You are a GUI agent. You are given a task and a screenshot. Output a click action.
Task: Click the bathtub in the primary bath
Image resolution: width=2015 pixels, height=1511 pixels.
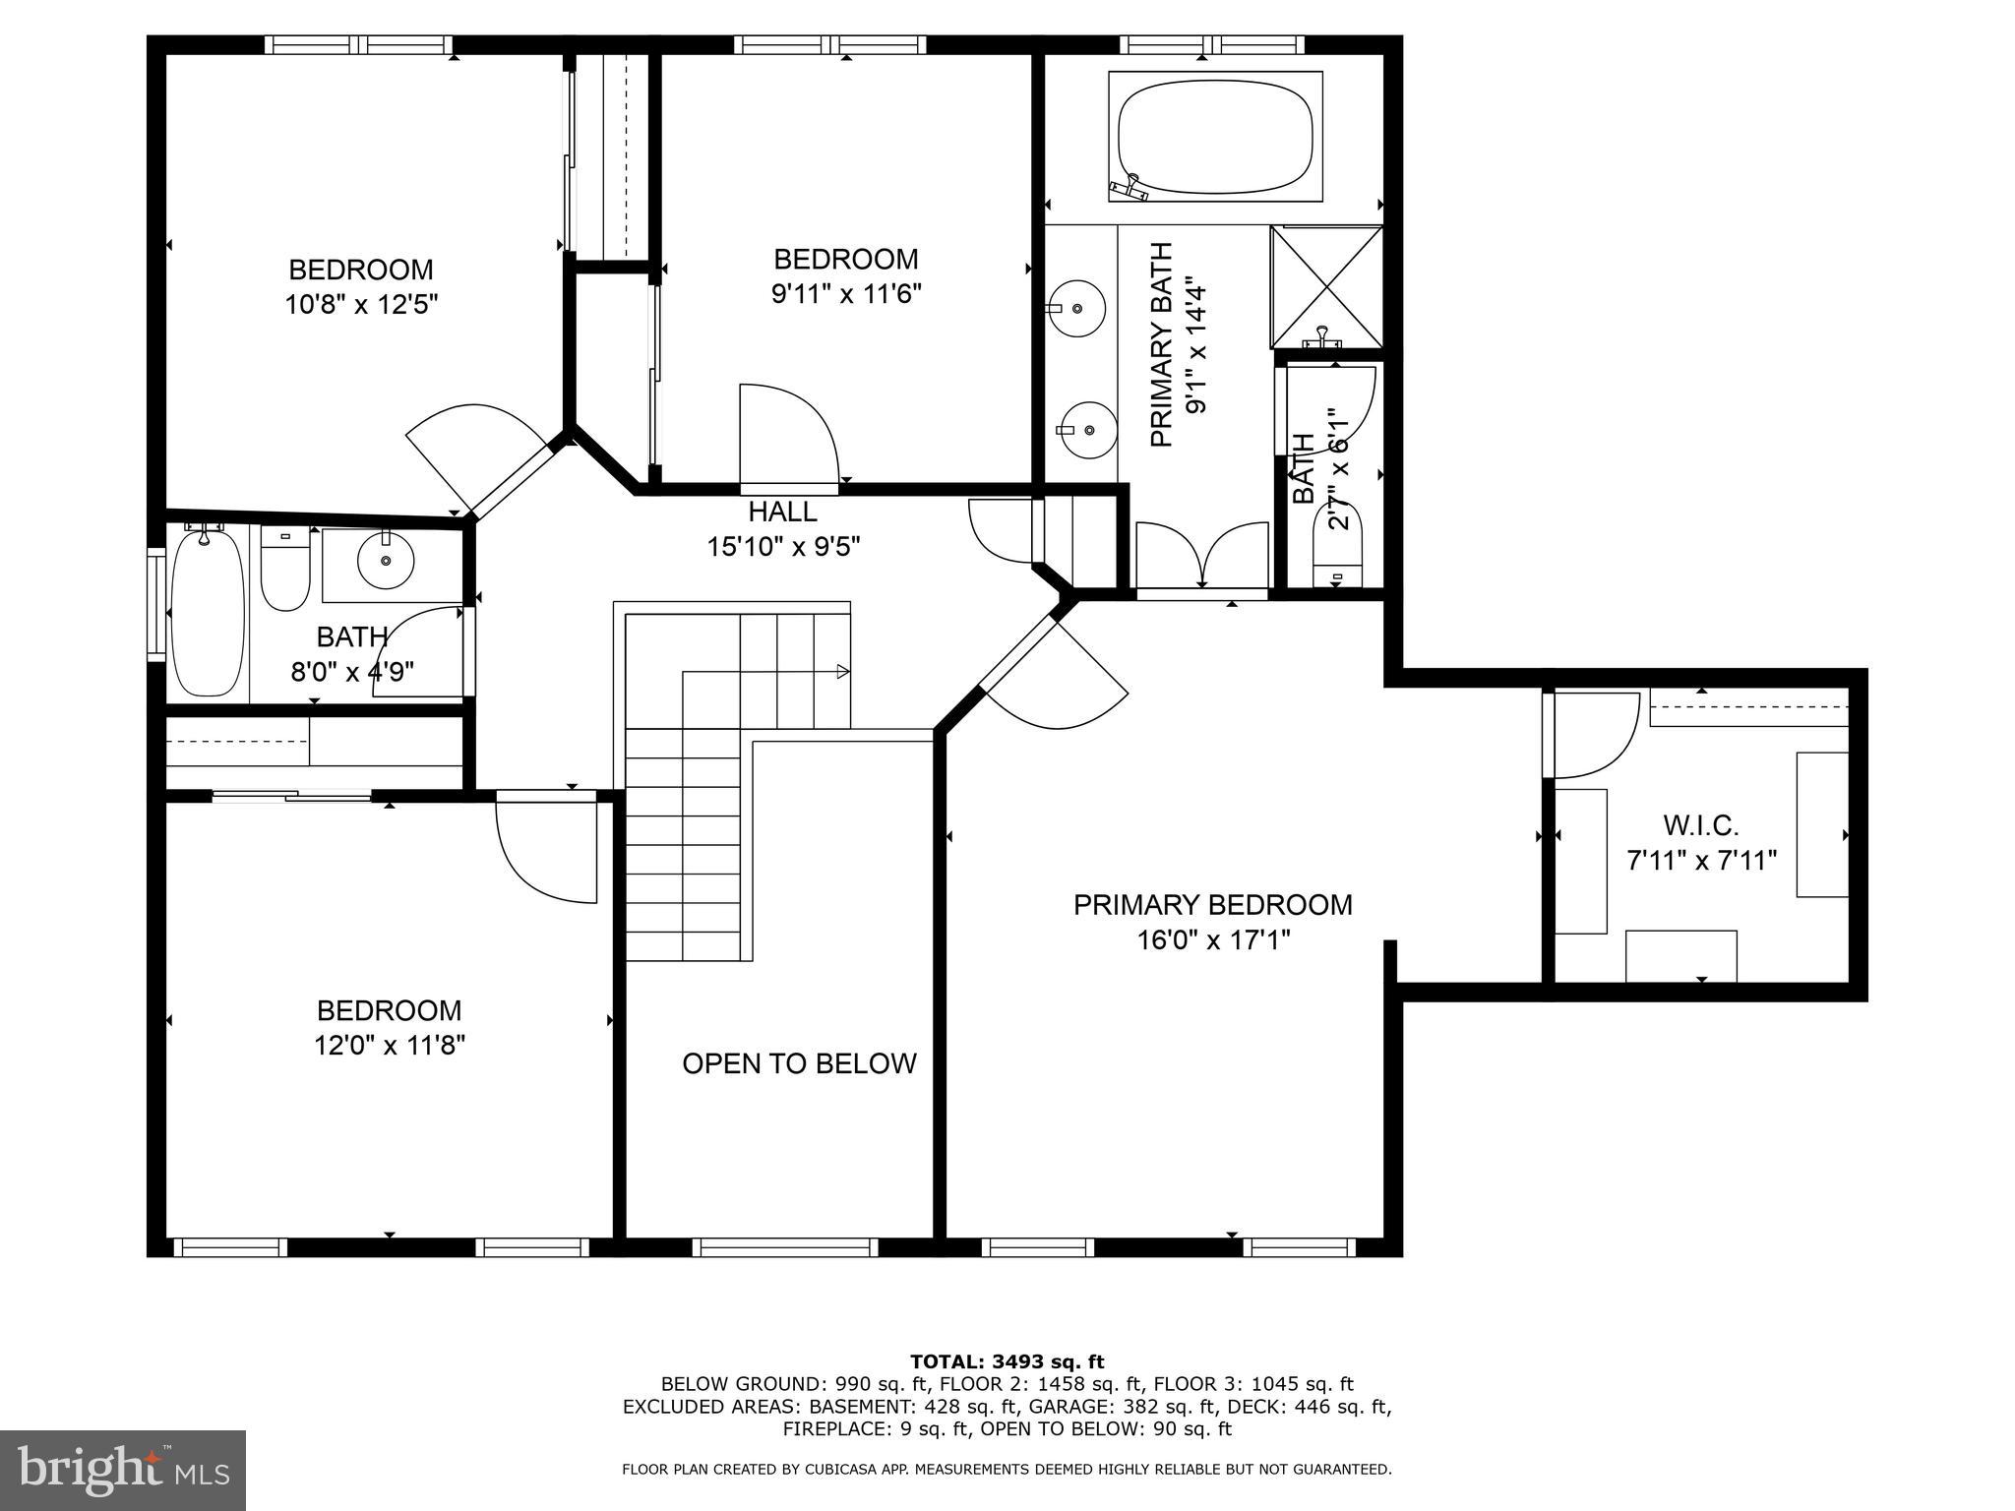coord(1215,137)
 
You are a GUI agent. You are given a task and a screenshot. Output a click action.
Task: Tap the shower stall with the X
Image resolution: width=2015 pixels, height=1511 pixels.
coord(1326,286)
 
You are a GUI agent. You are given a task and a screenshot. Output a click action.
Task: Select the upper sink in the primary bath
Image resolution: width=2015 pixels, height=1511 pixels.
coord(1076,308)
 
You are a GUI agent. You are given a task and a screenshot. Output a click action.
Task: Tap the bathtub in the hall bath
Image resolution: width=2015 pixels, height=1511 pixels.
coord(208,613)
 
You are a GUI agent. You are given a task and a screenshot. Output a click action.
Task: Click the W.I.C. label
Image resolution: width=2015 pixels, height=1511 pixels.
coord(1701,824)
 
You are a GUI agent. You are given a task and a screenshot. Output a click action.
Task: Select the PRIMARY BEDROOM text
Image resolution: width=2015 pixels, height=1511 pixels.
coord(1212,905)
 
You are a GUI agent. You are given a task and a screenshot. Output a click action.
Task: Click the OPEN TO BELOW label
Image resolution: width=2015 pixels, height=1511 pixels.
coord(799,1063)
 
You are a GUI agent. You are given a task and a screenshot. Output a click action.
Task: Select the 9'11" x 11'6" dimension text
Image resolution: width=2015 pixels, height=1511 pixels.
coord(846,294)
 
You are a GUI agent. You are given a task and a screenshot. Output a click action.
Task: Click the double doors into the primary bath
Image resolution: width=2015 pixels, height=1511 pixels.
coord(1201,557)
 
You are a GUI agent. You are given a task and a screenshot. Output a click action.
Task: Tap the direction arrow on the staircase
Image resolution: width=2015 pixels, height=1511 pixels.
coord(841,672)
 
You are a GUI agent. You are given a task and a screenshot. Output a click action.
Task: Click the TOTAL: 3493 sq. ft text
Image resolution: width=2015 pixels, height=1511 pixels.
coord(1007,1362)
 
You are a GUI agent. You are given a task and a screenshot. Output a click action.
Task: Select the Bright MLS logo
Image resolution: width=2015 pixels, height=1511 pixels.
coord(123,1471)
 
